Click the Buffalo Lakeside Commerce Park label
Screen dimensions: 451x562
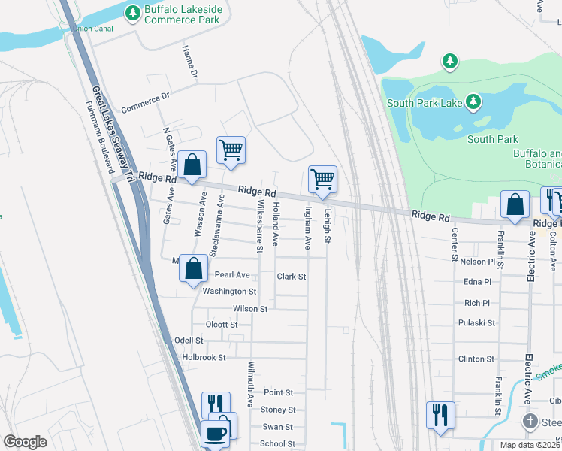pos(183,14)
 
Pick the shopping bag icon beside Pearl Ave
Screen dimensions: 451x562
pos(194,267)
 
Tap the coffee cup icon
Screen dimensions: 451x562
pos(216,434)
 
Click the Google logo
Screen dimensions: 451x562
pos(25,442)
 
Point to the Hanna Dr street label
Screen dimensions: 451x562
pos(189,62)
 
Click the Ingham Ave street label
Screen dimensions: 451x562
pos(307,228)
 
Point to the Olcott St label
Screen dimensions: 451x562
pos(221,325)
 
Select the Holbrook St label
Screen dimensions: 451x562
pos(204,357)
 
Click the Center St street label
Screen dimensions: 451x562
pos(455,245)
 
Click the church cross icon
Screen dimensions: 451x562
pos(530,421)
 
